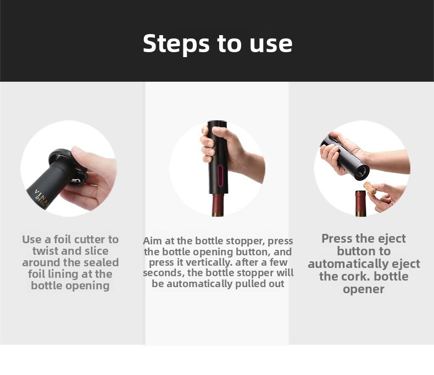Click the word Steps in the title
pos(176,43)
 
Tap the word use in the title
pos(271,44)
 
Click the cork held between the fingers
pos(370,188)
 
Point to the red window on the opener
pos(220,176)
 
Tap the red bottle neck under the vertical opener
pos(218,205)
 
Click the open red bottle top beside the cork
pos(360,203)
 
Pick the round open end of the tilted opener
pos(361,172)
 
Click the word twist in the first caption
pos(45,251)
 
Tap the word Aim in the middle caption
pos(153,241)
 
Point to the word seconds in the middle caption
pos(163,273)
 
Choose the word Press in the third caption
pos(337,238)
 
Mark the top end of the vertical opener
pos(217,122)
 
